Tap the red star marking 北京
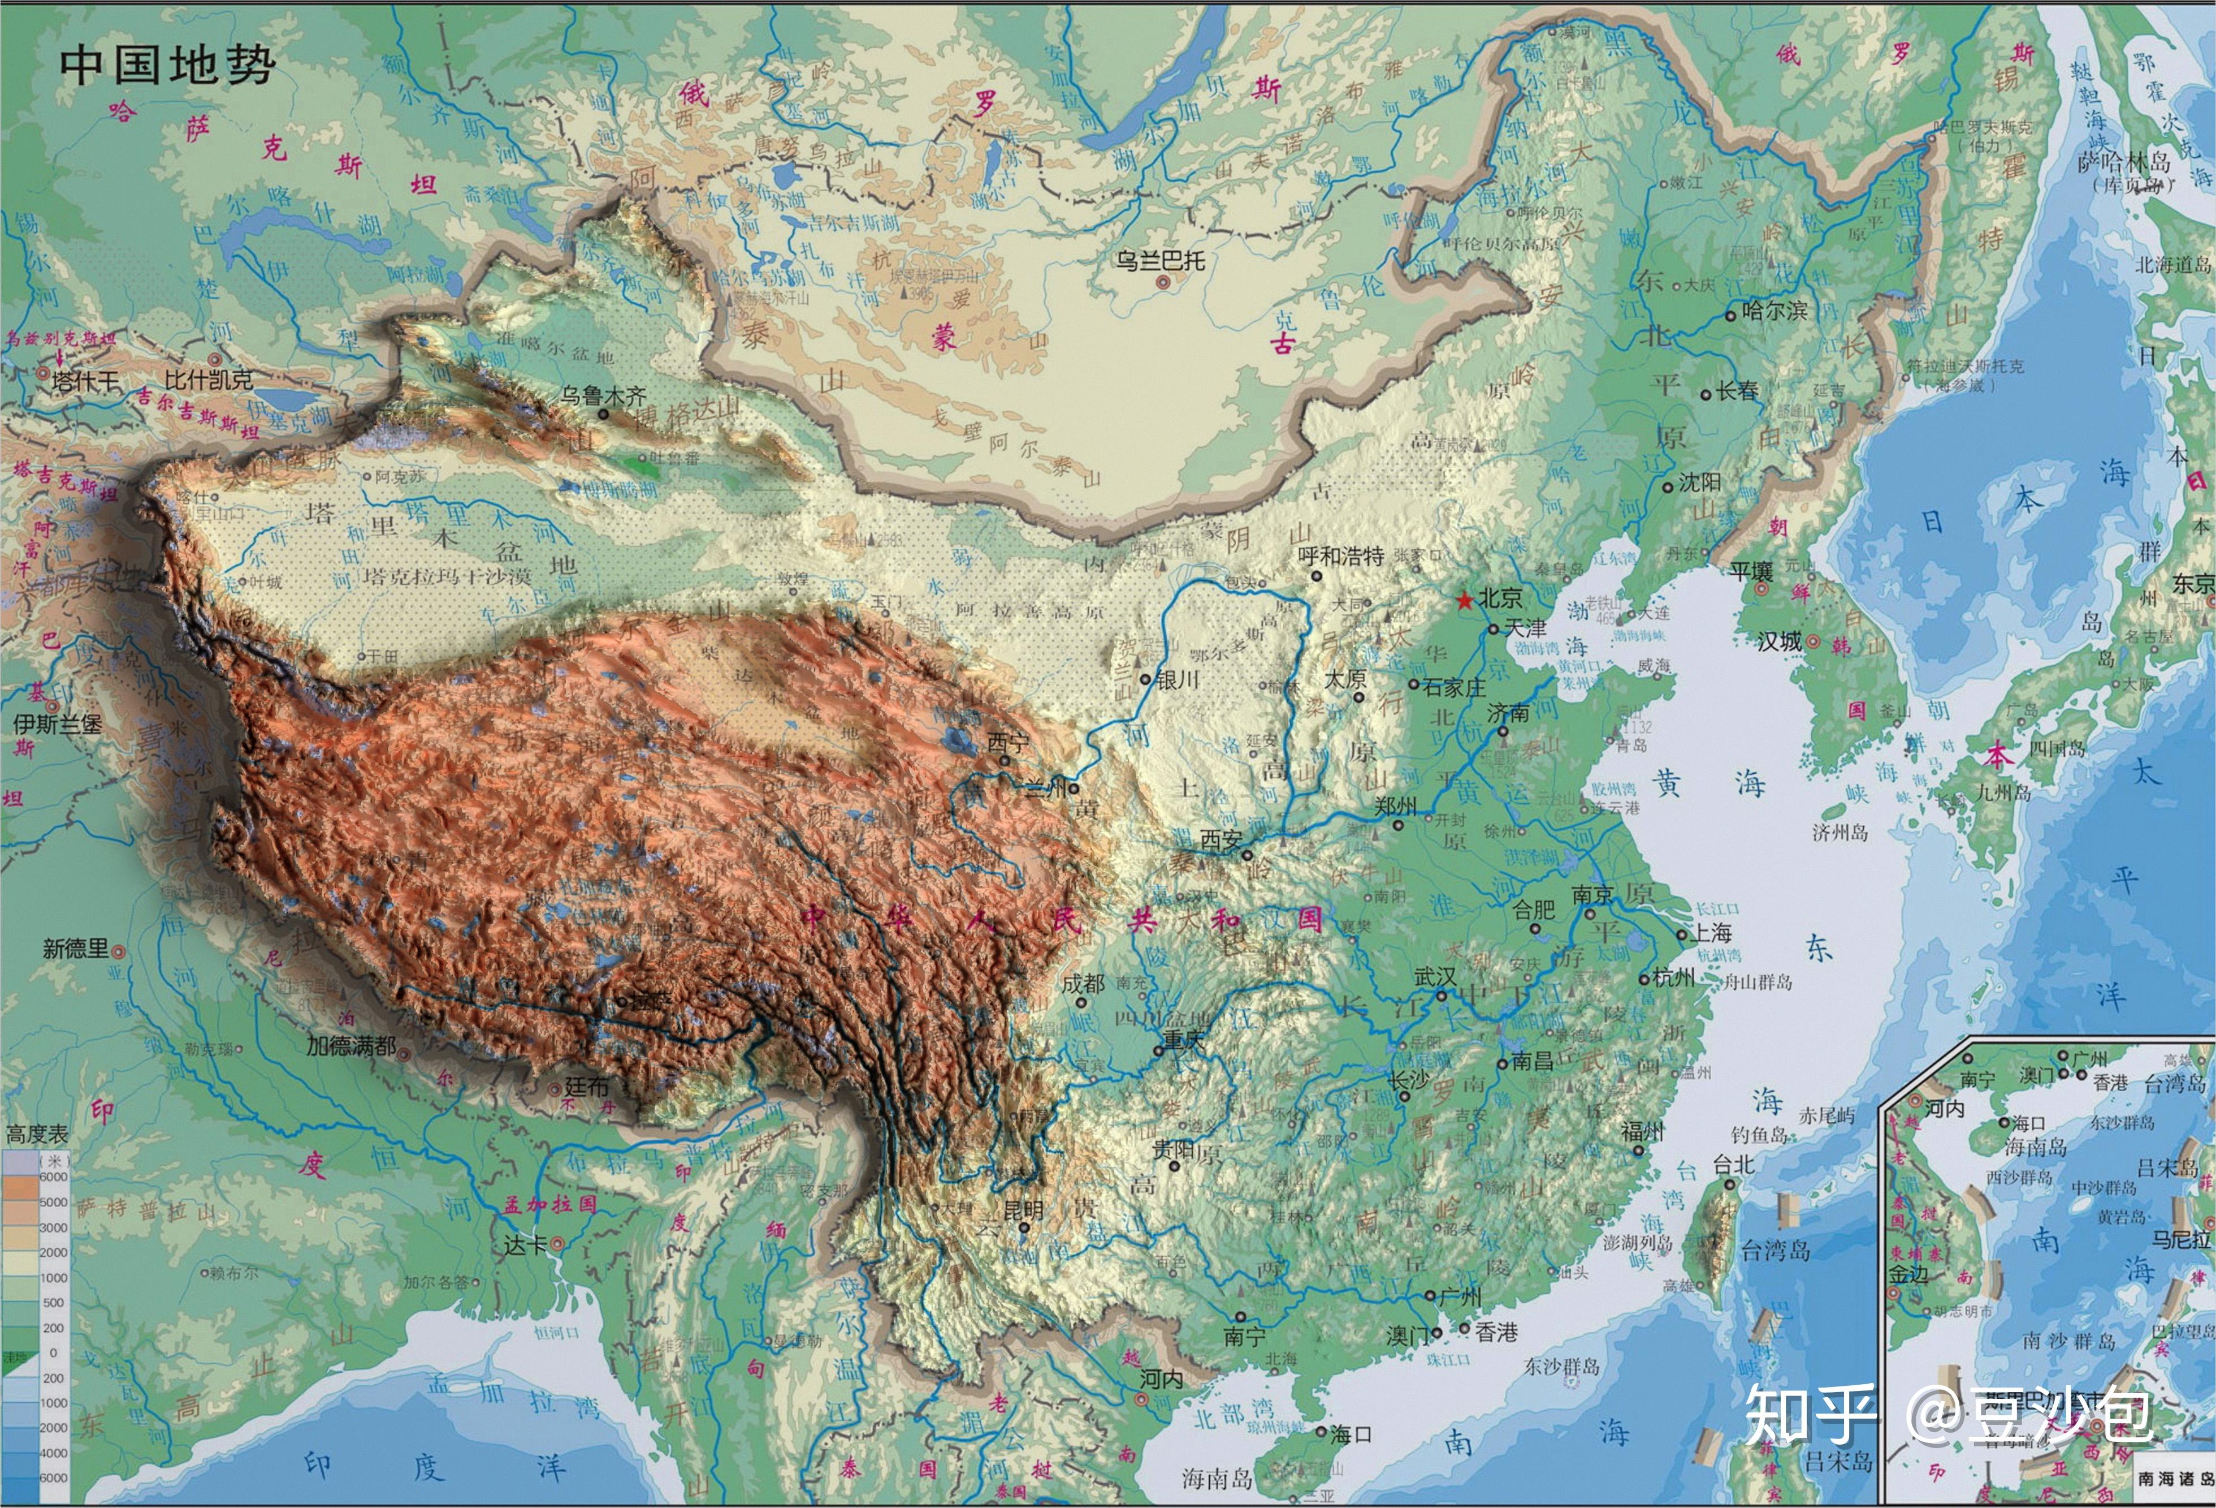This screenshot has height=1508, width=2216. [x=1464, y=600]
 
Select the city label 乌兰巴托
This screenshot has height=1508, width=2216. [x=1161, y=260]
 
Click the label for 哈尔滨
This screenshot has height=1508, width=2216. [x=1773, y=310]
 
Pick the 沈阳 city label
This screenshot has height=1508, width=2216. [x=1699, y=482]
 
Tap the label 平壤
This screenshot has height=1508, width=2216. [x=1752, y=571]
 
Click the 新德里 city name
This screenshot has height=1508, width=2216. [x=76, y=948]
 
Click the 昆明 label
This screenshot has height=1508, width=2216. [x=1023, y=1209]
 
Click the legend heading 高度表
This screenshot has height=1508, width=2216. [x=37, y=1134]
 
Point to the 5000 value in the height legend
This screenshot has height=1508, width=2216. [x=53, y=1202]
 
